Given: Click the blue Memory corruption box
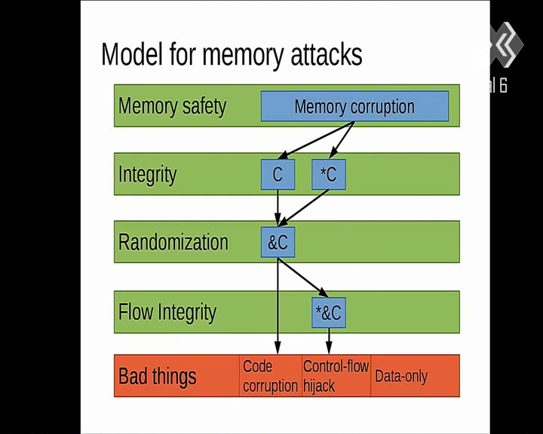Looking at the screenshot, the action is (354, 106).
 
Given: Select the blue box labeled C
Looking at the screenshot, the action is (278, 175).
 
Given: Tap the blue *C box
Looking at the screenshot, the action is (329, 175).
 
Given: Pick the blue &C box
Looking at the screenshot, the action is (278, 243).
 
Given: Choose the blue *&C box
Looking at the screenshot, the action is (329, 313).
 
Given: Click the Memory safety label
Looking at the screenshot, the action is (172, 106).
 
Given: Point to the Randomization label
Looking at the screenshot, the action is (173, 242).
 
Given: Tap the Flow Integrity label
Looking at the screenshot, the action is (167, 313).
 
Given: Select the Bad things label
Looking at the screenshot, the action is (157, 376).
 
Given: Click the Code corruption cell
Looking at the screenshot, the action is (271, 376).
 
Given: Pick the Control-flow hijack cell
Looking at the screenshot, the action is (336, 376).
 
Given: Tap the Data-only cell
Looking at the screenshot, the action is (416, 376).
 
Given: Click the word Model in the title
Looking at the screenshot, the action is (131, 54).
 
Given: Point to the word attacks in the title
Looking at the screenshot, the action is (327, 55).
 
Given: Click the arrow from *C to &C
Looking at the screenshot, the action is (303, 208).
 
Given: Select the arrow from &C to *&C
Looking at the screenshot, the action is (303, 277).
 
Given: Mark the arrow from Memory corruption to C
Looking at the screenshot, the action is (316, 140).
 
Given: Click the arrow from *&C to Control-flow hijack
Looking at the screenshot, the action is (329, 341).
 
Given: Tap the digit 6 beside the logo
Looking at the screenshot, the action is (503, 85).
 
